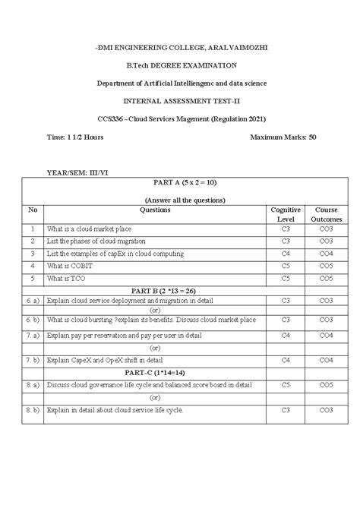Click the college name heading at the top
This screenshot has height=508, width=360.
click(180, 48)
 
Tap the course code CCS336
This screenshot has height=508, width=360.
click(111, 118)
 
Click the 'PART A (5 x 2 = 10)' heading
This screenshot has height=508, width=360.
click(180, 183)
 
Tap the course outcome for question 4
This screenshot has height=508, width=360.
click(327, 266)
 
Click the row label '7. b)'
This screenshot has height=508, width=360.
click(33, 358)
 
